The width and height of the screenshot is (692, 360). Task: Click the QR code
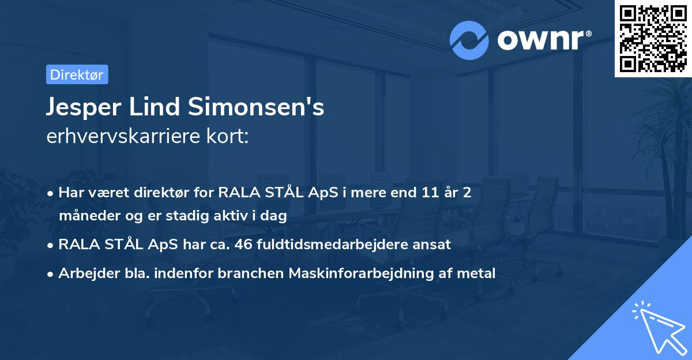tap(653, 39)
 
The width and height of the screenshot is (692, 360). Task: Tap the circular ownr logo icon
tap(469, 40)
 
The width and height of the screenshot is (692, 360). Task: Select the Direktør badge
tap(77, 74)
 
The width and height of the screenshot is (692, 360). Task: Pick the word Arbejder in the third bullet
tap(85, 273)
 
